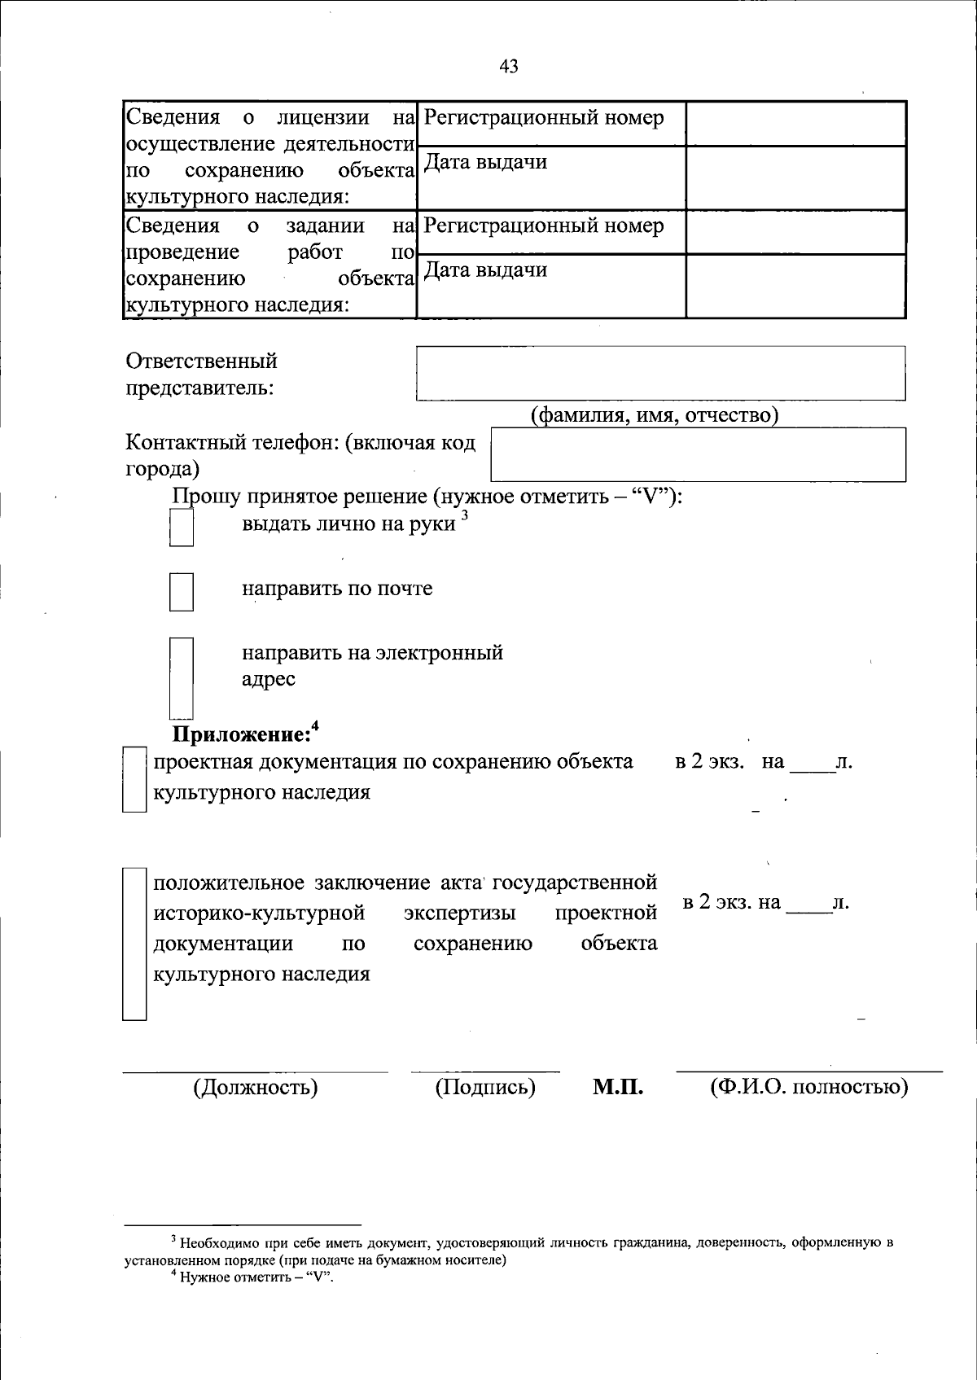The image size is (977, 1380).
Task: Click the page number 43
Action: [509, 67]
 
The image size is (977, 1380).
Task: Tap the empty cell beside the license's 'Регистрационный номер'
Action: [795, 124]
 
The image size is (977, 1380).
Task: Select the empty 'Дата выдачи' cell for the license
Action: [795, 177]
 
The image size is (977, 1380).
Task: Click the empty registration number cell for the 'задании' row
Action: [795, 232]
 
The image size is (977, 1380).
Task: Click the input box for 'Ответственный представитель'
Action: [660, 373]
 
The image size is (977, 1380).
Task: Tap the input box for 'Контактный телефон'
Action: [698, 454]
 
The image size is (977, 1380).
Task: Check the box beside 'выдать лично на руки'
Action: [181, 527]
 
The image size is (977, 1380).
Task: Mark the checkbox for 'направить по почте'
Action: [181, 592]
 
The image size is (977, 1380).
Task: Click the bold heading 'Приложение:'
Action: [241, 734]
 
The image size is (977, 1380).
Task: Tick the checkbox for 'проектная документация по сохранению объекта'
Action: [134, 779]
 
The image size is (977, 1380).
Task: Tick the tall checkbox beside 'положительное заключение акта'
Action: [134, 944]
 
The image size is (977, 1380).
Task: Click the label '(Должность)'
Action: [255, 1087]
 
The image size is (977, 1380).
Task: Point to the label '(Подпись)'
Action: [485, 1087]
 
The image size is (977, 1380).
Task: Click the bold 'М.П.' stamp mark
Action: [617, 1087]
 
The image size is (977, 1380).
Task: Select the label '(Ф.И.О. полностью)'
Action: [808, 1087]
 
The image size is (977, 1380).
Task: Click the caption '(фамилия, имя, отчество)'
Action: [655, 415]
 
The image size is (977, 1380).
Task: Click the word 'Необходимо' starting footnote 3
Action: [215, 1243]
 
